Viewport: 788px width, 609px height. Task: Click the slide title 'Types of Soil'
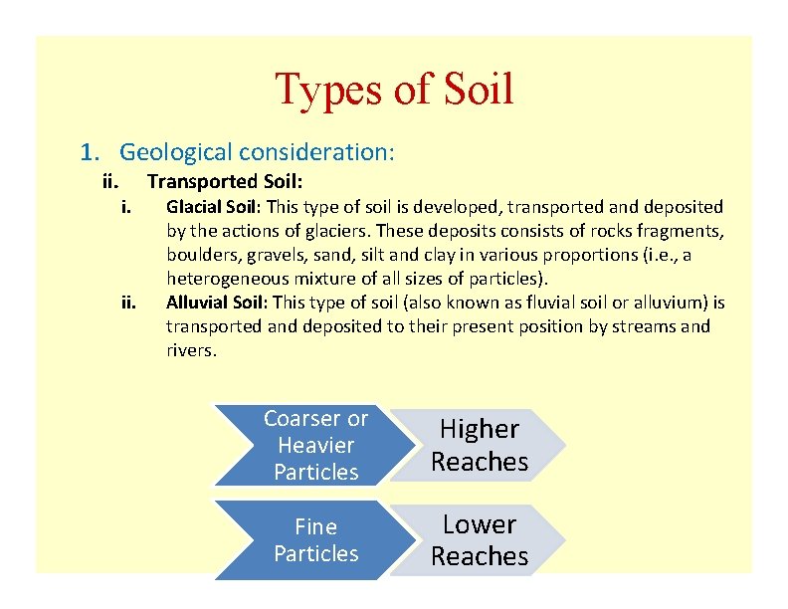[x=394, y=89]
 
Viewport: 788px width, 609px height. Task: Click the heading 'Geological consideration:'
[x=257, y=152]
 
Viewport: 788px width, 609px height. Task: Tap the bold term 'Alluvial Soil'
[x=216, y=303]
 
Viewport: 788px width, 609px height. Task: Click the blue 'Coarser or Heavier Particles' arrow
[x=315, y=446]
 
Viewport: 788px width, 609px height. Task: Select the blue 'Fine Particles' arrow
[x=315, y=540]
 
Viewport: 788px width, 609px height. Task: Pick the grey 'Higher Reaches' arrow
[x=480, y=446]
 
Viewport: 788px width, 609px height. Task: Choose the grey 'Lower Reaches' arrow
[x=480, y=540]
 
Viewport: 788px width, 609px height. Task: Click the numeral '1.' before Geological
[x=92, y=152]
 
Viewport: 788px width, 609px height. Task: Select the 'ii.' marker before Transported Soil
[x=111, y=181]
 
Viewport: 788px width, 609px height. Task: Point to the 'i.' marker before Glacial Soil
[x=127, y=207]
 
